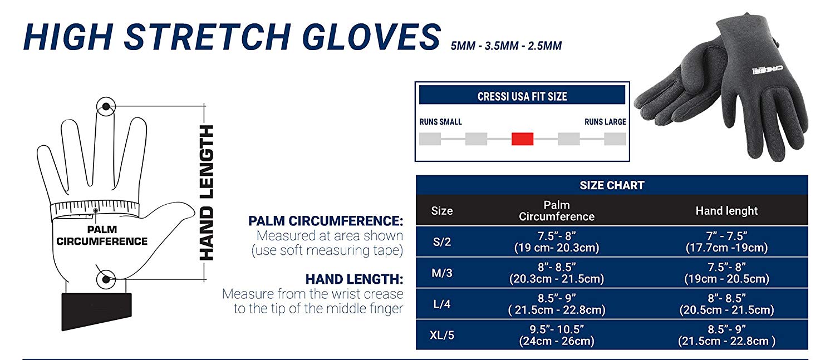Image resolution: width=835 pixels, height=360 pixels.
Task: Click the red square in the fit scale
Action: (522, 139)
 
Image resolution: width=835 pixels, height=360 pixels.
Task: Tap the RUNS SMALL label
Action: (440, 122)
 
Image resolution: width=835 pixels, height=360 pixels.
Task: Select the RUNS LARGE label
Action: (605, 122)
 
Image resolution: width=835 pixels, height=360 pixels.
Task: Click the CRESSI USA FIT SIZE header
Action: (522, 96)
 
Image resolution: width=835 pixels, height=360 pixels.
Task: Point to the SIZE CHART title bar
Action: (612, 185)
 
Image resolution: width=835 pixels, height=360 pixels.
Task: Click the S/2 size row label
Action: (442, 242)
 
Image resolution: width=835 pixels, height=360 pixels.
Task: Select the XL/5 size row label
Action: (442, 335)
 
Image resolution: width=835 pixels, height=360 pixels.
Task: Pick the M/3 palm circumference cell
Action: (557, 273)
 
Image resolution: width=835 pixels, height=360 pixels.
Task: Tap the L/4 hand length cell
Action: (726, 304)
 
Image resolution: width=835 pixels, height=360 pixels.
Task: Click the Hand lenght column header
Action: (726, 210)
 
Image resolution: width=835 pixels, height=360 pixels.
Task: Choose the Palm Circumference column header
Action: (557, 210)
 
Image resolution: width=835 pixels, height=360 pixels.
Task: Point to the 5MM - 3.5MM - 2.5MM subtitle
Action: (506, 46)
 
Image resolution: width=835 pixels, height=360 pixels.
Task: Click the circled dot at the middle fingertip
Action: (106, 107)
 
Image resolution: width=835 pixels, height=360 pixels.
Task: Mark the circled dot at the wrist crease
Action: (106, 279)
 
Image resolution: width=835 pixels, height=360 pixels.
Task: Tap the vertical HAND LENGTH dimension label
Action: (207, 193)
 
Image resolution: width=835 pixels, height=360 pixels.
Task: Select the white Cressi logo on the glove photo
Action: (767, 70)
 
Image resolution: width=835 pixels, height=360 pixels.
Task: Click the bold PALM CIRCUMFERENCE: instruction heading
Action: (326, 221)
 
